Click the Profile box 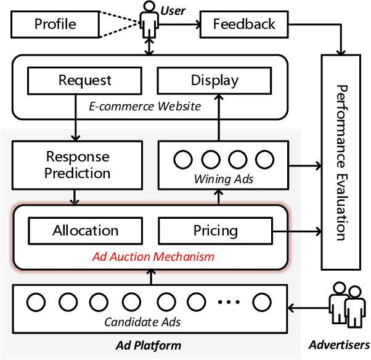point(55,25)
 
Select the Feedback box point(244,25)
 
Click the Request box point(85,80)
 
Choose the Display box point(214,80)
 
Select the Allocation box point(85,231)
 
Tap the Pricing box point(215,231)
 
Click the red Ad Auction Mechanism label point(153,256)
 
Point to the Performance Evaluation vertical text point(342,162)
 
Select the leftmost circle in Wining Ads point(182,160)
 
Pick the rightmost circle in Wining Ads point(264,160)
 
